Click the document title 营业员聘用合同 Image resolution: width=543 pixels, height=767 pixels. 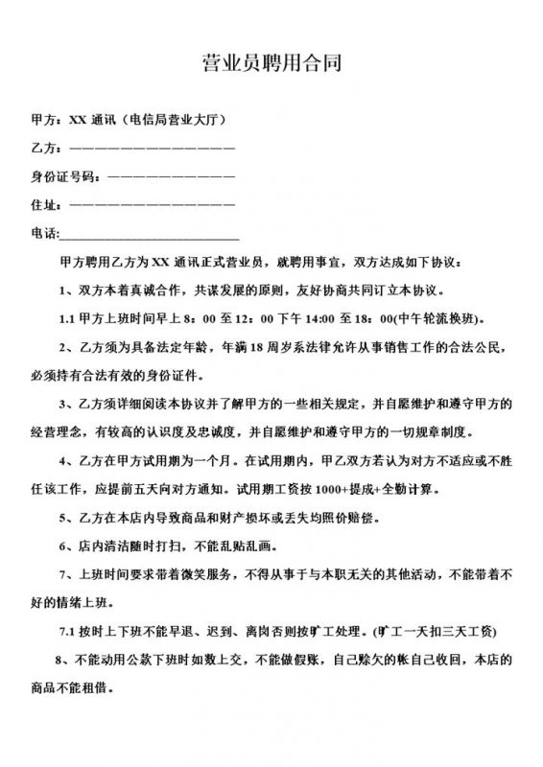pyautogui.click(x=271, y=65)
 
